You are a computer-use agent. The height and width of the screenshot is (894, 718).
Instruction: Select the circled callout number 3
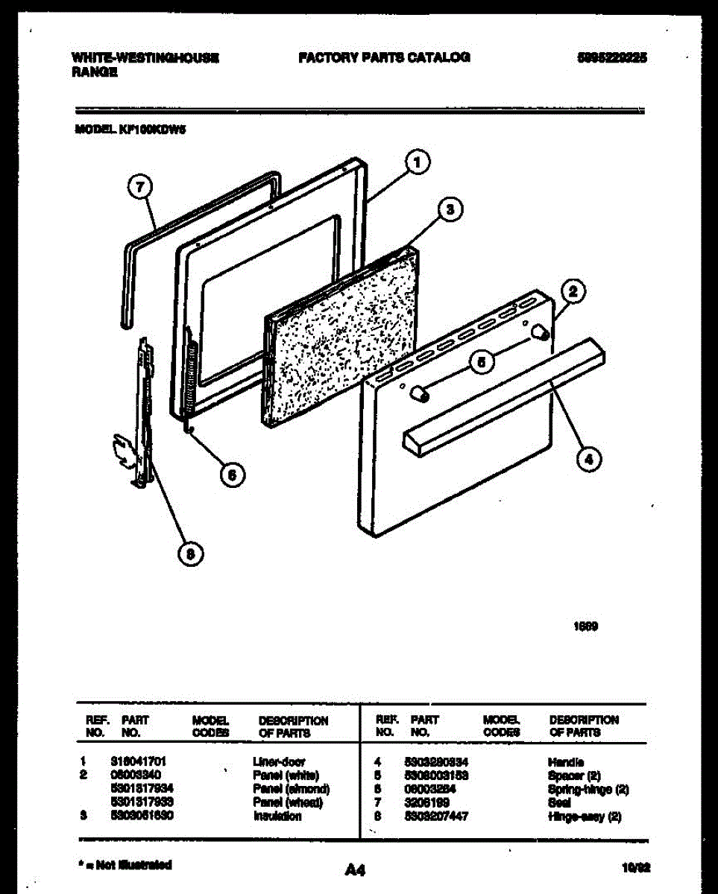pyautogui.click(x=448, y=210)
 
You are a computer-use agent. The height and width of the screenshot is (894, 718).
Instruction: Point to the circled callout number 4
pyautogui.click(x=589, y=460)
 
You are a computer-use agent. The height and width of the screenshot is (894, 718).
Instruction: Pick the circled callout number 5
pyautogui.click(x=482, y=363)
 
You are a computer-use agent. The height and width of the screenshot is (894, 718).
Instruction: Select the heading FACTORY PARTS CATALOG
pyautogui.click(x=384, y=57)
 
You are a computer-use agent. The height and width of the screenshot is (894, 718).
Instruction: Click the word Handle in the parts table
pyautogui.click(x=565, y=763)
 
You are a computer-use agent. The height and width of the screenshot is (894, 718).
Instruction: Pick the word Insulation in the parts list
pyautogui.click(x=277, y=816)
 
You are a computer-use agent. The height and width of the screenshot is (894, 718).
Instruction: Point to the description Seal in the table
pyautogui.click(x=559, y=803)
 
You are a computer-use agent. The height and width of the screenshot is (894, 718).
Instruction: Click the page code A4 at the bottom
pyautogui.click(x=355, y=869)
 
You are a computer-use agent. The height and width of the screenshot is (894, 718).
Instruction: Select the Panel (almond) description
pyautogui.click(x=291, y=789)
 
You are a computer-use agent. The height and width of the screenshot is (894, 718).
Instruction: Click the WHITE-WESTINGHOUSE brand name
pyautogui.click(x=145, y=57)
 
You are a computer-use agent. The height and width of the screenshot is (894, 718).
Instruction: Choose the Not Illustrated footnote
pyautogui.click(x=125, y=865)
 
